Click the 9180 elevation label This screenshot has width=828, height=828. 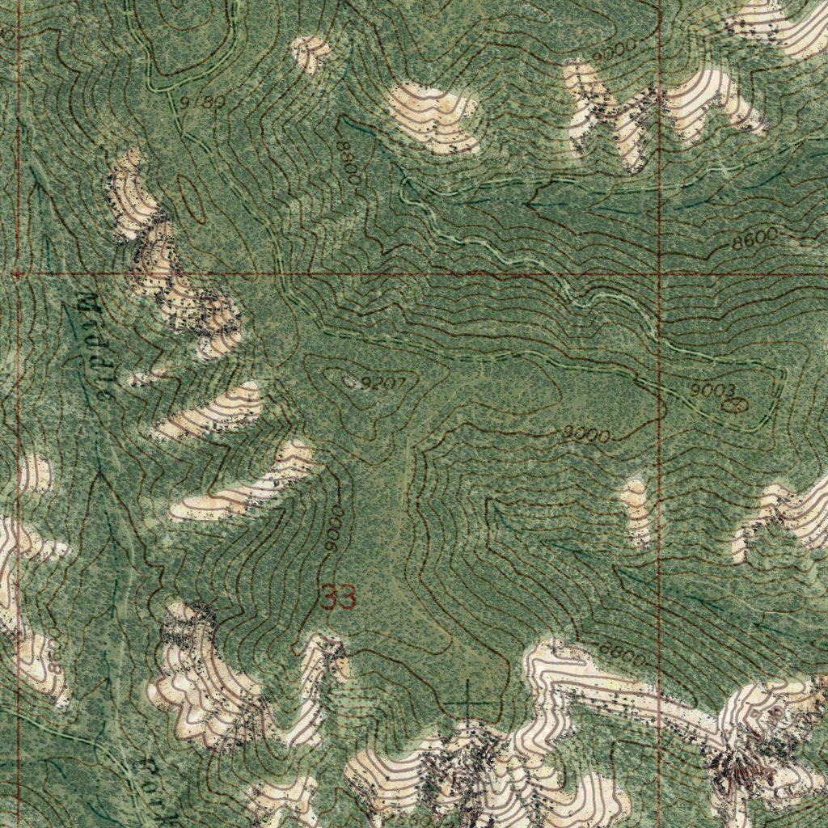pyautogui.click(x=202, y=103)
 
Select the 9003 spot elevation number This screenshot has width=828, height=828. pyautogui.click(x=712, y=391)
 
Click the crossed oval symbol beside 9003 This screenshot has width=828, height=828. pyautogui.click(x=733, y=403)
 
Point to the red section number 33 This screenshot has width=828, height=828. pyautogui.click(x=339, y=598)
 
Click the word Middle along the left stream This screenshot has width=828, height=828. pyautogui.click(x=96, y=348)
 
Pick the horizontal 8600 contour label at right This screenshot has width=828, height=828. pyautogui.click(x=754, y=238)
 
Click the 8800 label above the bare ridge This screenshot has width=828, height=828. pyautogui.click(x=623, y=653)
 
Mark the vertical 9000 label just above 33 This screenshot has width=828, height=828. pyautogui.click(x=334, y=530)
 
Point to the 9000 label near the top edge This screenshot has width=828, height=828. pyautogui.click(x=614, y=49)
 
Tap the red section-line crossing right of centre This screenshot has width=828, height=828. pyautogui.click(x=660, y=274)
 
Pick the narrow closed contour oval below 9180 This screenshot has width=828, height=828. pyautogui.click(x=192, y=196)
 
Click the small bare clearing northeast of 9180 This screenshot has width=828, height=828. pyautogui.click(x=310, y=53)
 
